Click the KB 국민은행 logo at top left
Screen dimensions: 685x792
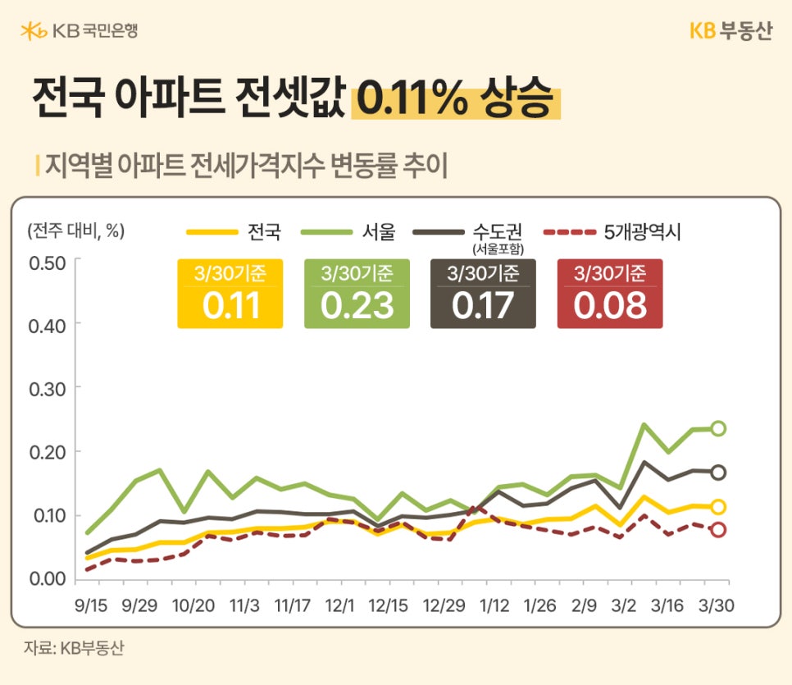(x=79, y=31)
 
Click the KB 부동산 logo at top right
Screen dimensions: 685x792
(x=731, y=31)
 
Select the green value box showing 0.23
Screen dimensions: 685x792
(x=357, y=294)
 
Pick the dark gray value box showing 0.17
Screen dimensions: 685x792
(x=483, y=294)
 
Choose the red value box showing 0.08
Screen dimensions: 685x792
(x=609, y=294)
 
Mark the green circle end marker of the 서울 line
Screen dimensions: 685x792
(x=718, y=428)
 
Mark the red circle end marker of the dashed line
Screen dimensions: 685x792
(x=718, y=530)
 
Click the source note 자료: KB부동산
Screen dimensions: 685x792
(x=74, y=647)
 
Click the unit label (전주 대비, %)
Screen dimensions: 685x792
(x=75, y=231)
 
